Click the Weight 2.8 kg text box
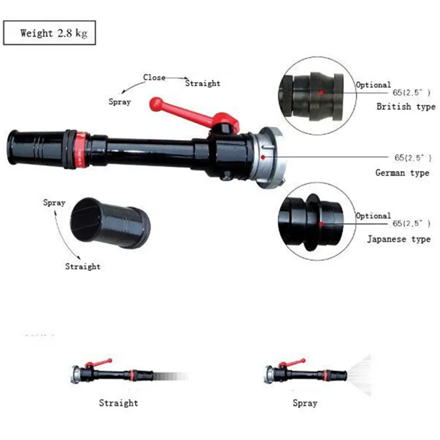click(x=50, y=33)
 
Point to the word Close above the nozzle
click(x=154, y=78)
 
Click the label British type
click(x=406, y=107)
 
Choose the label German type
click(x=402, y=173)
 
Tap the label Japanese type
click(x=399, y=239)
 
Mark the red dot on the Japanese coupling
click(x=320, y=224)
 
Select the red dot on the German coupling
click(x=263, y=157)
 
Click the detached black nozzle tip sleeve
click(x=110, y=222)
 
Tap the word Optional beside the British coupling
click(x=373, y=85)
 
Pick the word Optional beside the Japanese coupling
click(x=373, y=216)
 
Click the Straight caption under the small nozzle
click(x=118, y=403)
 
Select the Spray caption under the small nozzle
click(x=305, y=403)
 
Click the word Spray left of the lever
click(x=119, y=102)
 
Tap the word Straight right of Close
click(x=202, y=84)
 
